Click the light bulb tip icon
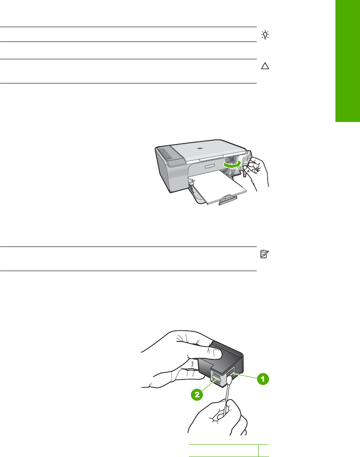point(265,35)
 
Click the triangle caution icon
point(265,66)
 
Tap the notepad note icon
point(264,254)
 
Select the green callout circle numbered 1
point(263,379)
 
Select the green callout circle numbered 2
point(197,395)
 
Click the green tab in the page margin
point(348,61)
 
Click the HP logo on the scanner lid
point(199,148)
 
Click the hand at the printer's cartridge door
point(257,172)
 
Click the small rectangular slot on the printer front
point(210,166)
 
